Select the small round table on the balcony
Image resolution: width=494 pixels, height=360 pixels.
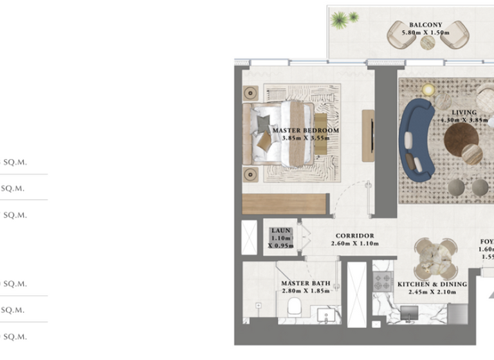coord(428,42)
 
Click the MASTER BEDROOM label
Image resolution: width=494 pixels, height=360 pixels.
coord(306,130)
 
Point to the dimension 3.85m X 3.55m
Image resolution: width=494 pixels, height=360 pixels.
coord(306,138)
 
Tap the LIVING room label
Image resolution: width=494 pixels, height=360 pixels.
coord(463,112)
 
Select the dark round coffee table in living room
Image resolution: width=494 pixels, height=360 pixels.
coord(461,137)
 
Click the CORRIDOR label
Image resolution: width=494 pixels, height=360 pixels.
coord(354,236)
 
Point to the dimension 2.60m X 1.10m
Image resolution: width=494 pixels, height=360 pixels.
coord(354,244)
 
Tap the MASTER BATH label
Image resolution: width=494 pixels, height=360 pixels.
coord(306,283)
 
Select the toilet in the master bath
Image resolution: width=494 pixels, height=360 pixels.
coord(293,306)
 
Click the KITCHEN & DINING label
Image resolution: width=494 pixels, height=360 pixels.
coord(432,283)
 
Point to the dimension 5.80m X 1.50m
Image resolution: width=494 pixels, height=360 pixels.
coord(428,32)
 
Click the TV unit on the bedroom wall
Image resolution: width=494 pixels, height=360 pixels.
coord(368,136)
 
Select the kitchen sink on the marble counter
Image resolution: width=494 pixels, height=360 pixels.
coord(408,313)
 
